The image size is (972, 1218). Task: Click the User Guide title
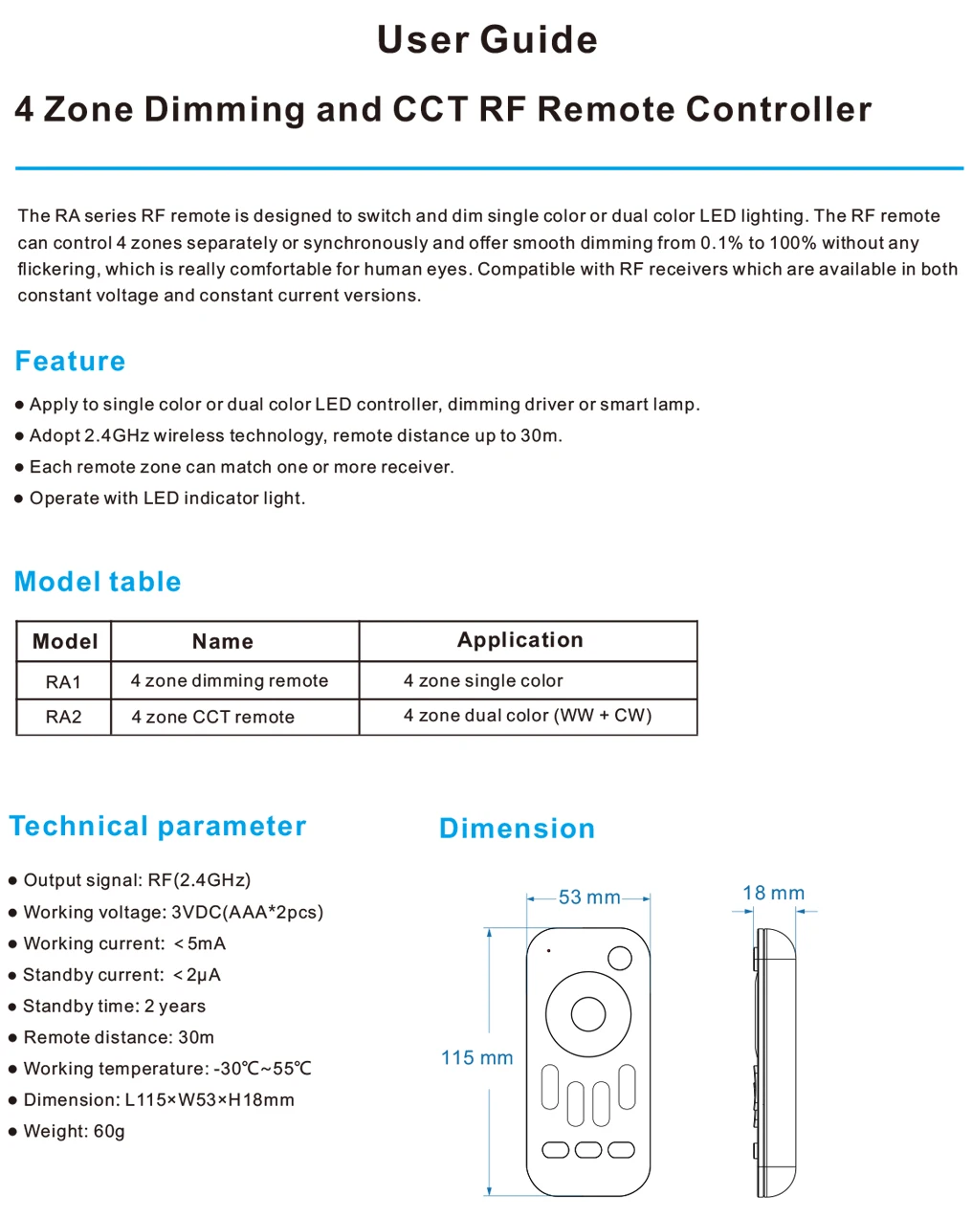click(487, 40)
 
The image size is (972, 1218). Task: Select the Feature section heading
click(71, 362)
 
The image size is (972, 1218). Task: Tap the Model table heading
click(98, 582)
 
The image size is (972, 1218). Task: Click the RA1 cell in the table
click(64, 682)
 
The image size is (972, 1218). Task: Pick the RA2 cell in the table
click(64, 717)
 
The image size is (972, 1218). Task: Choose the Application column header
click(520, 640)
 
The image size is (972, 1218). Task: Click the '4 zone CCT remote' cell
click(213, 717)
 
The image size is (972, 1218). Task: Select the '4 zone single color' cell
click(483, 681)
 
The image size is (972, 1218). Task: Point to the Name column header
click(223, 641)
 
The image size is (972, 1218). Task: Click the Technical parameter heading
click(158, 827)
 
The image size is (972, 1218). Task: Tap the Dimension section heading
click(517, 829)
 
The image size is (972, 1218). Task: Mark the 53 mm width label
click(589, 897)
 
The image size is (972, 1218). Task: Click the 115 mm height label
click(476, 1058)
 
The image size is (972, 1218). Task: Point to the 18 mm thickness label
click(773, 894)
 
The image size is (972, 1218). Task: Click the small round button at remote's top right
click(620, 958)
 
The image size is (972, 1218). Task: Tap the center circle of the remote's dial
click(588, 1014)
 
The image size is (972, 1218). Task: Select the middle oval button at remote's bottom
click(588, 1149)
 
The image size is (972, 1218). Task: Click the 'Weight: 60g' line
click(75, 1132)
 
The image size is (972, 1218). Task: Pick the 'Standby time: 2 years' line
click(115, 1007)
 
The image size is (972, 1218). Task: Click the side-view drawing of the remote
click(774, 1062)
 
